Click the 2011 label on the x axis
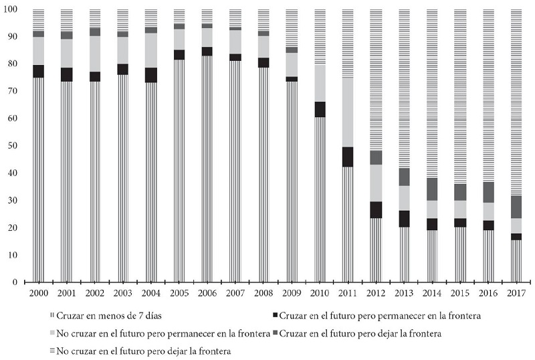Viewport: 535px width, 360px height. [348, 293]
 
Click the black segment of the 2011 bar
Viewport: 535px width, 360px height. [348, 157]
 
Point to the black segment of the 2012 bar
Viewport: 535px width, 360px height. [376, 209]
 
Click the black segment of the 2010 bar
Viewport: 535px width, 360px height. [320, 109]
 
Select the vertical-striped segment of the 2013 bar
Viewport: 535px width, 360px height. [404, 254]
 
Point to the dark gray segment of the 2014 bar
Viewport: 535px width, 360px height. [432, 189]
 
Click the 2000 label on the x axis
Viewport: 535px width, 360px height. [39, 293]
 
